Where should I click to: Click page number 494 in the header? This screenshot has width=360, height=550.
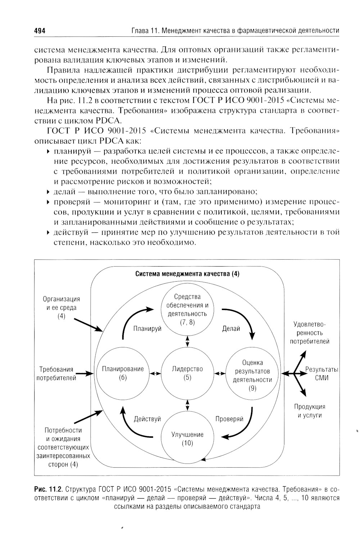39,31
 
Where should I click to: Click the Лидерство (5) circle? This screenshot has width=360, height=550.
187,373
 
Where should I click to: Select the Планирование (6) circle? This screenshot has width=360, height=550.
123,373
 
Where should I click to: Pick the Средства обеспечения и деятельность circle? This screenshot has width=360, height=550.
187,309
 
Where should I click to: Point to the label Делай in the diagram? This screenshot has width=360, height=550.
231,329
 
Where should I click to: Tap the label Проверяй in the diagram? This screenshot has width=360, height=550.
229,419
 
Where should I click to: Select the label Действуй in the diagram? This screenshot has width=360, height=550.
147,419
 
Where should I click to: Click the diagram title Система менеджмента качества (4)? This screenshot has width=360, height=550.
187,274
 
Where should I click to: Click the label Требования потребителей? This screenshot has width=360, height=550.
56,373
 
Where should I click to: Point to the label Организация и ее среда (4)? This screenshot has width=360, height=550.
62,308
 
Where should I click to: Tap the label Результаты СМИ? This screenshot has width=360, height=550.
321,373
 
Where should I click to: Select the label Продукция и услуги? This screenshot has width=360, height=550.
309,411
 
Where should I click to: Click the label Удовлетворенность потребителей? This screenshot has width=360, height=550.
310,333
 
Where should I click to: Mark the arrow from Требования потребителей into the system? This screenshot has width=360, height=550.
85,374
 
